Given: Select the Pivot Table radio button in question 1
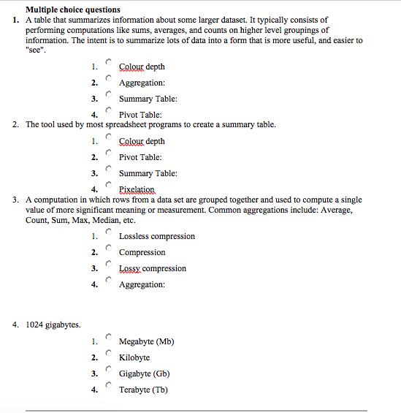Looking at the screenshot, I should pos(108,110).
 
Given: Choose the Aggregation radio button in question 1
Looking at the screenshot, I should pos(108,78).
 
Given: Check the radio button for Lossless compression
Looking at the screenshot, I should pos(108,232).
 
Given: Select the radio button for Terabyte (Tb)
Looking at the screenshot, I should pos(108,385).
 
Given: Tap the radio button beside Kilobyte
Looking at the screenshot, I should pos(108,353).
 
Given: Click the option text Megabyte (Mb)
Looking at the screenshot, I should pos(146,342).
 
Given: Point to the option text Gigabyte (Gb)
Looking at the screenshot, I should pos(144,374).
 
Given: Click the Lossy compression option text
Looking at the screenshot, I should pos(152,269).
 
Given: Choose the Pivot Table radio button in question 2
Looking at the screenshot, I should pos(108,153).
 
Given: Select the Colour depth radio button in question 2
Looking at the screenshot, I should pos(108,137).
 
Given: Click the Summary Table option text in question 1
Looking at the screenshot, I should pos(148,99).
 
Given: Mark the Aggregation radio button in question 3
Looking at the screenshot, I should pos(108,280).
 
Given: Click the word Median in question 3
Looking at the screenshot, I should pos(106,221).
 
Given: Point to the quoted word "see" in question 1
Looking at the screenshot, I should pos(35,50).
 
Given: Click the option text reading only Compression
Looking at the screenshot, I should pos(142,253).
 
